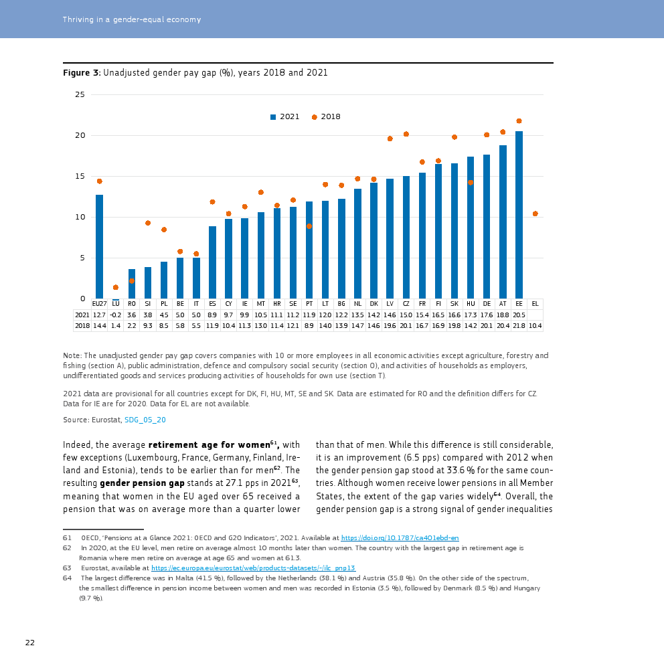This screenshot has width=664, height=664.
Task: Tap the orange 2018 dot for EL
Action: click(x=535, y=214)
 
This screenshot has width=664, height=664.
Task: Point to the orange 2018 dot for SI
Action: click(x=148, y=223)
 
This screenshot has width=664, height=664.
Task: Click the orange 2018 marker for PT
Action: click(x=309, y=226)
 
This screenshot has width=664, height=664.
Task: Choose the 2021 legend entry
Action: click(x=285, y=117)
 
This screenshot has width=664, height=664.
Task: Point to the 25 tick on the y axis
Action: click(x=80, y=94)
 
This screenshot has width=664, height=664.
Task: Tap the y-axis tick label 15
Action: click(x=80, y=176)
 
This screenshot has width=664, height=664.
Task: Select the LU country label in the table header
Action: click(x=115, y=304)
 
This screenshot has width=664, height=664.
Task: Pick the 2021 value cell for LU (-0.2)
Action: click(x=115, y=315)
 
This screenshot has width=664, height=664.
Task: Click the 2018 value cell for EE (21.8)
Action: click(x=519, y=326)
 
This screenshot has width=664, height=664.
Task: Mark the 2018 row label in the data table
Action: click(x=82, y=326)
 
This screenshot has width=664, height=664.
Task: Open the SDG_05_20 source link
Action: click(x=145, y=420)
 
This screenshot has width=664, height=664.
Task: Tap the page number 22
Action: click(x=30, y=643)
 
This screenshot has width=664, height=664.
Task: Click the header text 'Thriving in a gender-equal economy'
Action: click(x=132, y=19)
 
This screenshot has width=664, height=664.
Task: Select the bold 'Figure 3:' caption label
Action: click(x=82, y=72)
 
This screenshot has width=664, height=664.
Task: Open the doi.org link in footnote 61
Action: click(x=400, y=538)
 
